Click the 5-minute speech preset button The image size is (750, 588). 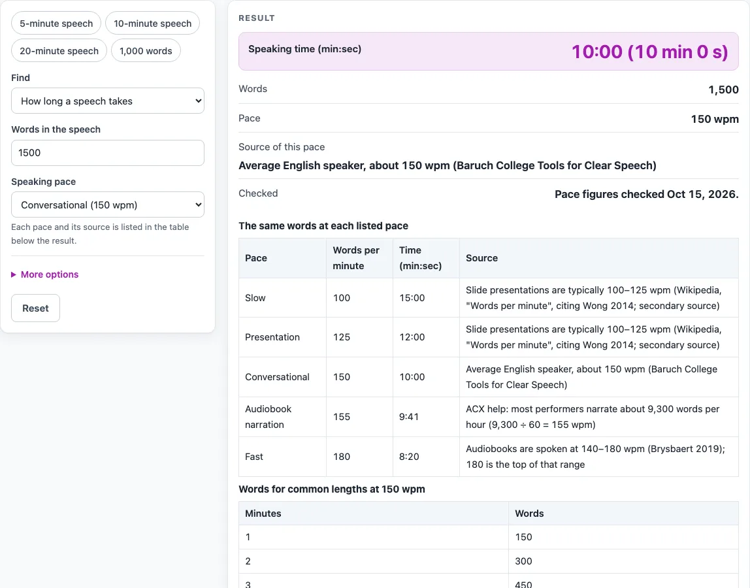tap(56, 24)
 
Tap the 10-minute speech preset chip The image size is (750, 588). tap(153, 24)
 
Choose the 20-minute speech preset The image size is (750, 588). tap(59, 51)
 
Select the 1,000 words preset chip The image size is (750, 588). tap(146, 51)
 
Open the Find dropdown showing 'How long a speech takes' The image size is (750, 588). tap(108, 101)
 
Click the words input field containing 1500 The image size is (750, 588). tap(108, 153)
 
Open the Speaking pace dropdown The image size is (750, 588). tap(108, 204)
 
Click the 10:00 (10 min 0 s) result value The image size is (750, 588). tap(649, 52)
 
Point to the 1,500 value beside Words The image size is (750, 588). tap(723, 90)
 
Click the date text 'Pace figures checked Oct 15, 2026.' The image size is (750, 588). tap(647, 194)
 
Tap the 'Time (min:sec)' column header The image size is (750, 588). tap(421, 258)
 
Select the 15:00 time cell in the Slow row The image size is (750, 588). tap(412, 297)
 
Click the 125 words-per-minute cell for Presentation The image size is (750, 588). tap(342, 337)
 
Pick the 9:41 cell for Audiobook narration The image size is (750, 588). tap(409, 417)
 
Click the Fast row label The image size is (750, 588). tap(254, 457)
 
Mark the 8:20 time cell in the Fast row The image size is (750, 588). tap(409, 457)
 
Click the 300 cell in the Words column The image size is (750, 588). tap(523, 561)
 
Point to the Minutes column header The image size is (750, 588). tap(263, 514)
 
